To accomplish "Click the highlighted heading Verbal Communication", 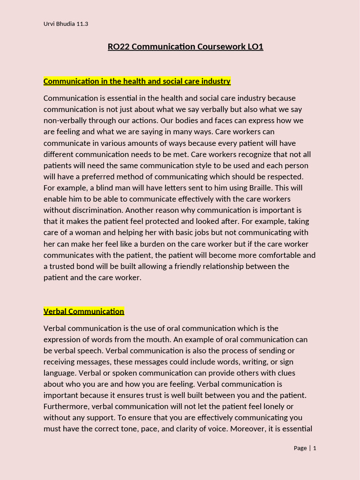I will point(84,311).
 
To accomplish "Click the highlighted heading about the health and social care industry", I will point(137,81).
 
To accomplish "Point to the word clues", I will point(285,373).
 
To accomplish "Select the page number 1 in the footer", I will point(315,448).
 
